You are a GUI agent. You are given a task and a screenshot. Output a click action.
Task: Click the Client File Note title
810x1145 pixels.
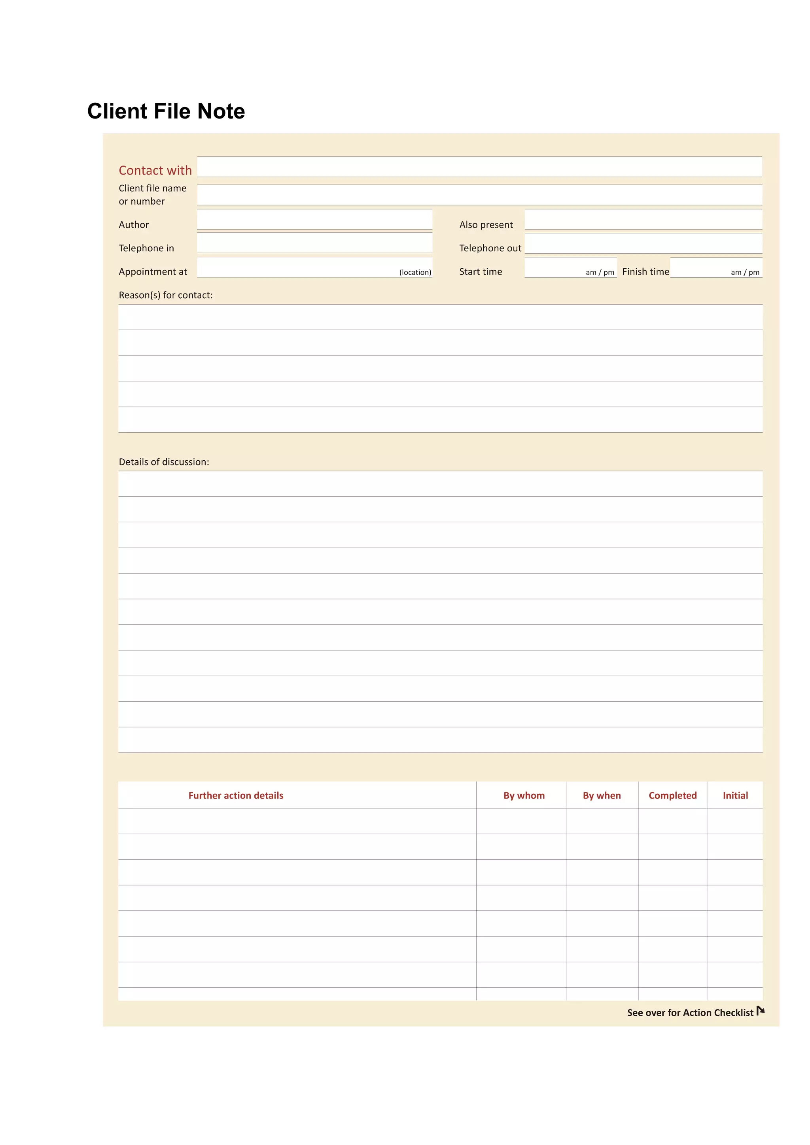pos(166,111)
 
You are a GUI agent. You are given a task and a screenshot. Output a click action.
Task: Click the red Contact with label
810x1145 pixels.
pos(155,171)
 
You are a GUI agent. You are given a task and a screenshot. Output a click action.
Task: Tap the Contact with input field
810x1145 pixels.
pos(479,167)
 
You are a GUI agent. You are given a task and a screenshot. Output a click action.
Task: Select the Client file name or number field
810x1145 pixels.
pos(479,195)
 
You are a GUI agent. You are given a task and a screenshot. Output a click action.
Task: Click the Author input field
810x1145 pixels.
pos(314,219)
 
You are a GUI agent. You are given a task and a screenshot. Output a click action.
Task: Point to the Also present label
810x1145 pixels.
pos(486,225)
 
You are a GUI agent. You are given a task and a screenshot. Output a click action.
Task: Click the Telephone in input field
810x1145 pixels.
pos(314,243)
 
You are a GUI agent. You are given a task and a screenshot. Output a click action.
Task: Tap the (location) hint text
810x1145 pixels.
pos(415,272)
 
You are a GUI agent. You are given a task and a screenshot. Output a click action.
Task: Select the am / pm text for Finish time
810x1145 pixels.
pos(745,272)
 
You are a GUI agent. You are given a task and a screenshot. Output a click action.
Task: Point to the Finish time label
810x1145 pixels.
pos(645,272)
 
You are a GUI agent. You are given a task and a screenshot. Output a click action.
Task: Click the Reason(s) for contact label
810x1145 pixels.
pos(166,295)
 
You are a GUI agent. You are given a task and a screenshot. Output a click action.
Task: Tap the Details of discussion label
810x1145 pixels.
pos(164,462)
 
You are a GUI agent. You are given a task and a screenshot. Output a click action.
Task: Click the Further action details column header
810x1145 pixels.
pos(236,795)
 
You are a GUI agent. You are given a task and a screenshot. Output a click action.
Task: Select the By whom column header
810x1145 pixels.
pos(524,795)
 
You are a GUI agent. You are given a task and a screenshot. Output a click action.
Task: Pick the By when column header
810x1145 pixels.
pos(602,795)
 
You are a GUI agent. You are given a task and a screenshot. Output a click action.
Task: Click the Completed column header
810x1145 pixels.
pos(672,795)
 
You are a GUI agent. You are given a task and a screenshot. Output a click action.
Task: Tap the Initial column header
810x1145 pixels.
pos(735,795)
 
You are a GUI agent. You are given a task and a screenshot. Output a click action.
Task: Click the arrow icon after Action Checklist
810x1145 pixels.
pos(760,1011)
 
